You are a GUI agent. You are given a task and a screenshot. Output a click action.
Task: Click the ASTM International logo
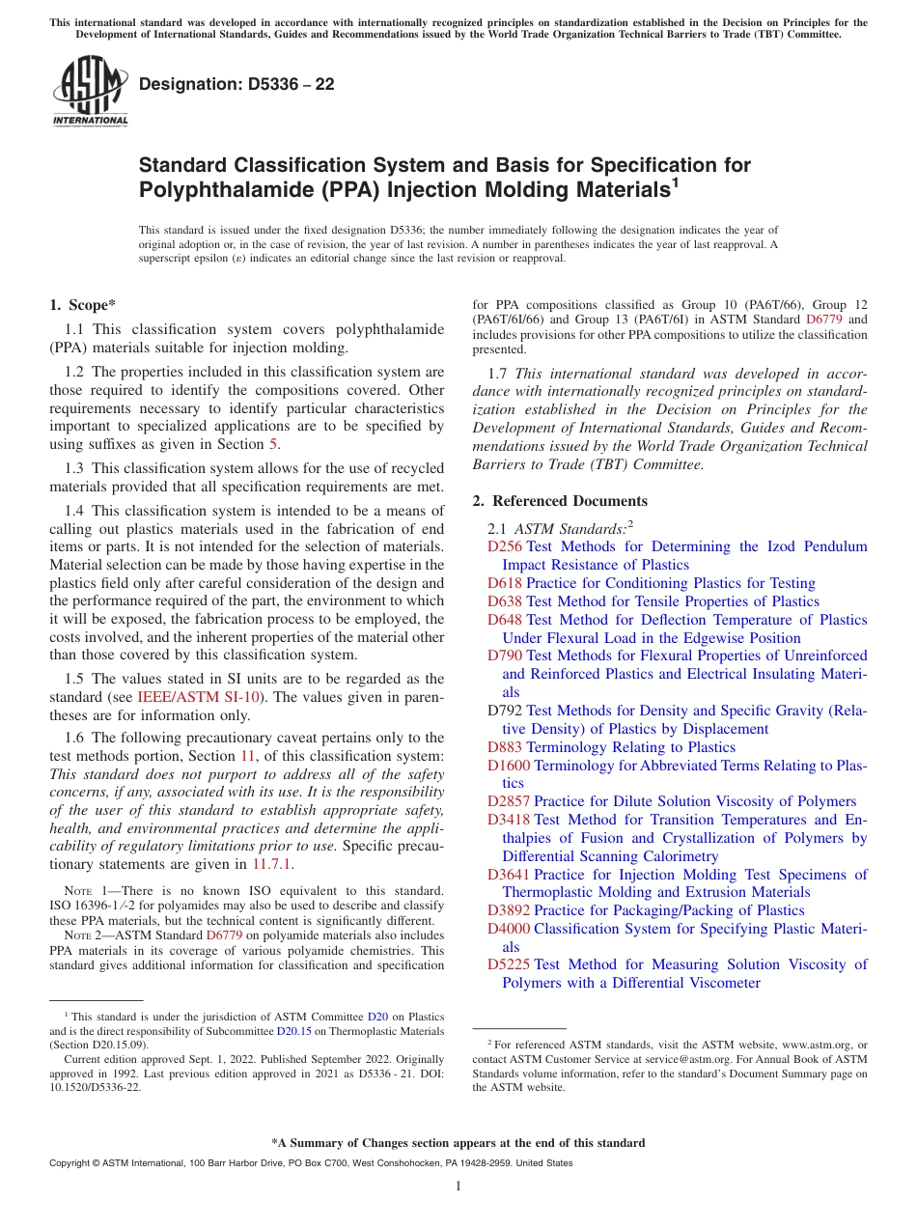tap(90, 92)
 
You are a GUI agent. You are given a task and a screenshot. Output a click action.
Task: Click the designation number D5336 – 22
tap(236, 84)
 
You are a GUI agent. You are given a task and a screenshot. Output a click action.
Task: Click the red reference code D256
tap(505, 546)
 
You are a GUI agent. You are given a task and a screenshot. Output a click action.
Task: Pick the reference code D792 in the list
tap(505, 711)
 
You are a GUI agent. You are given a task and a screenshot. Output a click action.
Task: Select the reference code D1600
tap(509, 766)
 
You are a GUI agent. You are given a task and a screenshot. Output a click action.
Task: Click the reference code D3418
tap(509, 821)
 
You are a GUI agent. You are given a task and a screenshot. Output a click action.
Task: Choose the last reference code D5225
tap(509, 964)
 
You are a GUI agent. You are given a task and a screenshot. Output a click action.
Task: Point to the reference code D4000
tap(509, 929)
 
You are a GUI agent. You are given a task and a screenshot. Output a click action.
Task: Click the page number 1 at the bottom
tap(458, 1186)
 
